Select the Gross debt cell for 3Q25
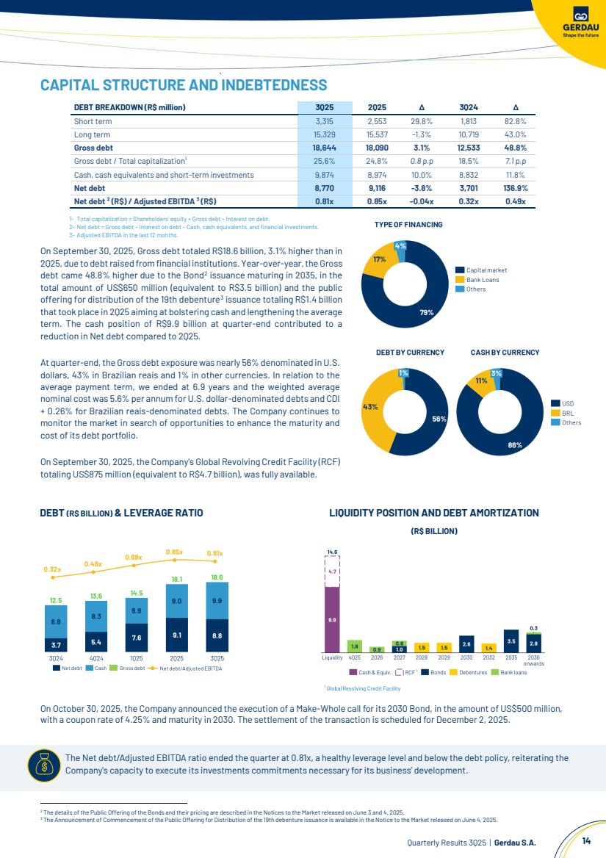(x=324, y=148)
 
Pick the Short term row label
(x=93, y=121)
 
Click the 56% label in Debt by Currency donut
(x=439, y=419)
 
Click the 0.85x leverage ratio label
(x=174, y=552)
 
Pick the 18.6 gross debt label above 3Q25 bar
(x=217, y=578)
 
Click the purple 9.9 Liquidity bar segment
(x=332, y=619)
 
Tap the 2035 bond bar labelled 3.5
(x=511, y=641)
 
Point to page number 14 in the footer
(x=586, y=840)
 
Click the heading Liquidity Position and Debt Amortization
(x=434, y=513)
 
